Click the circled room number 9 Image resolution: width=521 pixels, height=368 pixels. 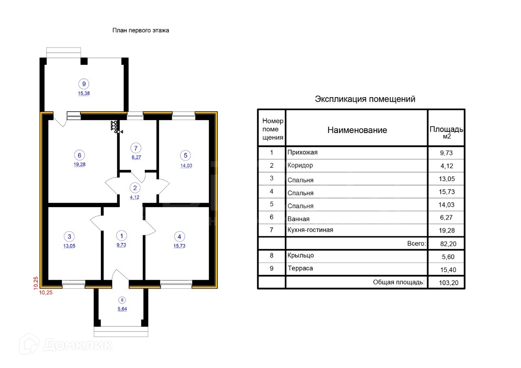pos(84,84)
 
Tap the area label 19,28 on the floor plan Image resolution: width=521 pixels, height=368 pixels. pos(79,164)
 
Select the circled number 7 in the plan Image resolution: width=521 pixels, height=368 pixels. pos(136,148)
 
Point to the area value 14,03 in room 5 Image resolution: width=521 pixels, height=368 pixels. pos(186,166)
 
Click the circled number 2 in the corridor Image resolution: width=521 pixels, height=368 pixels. pos(135,188)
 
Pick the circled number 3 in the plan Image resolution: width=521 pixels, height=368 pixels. pos(69,237)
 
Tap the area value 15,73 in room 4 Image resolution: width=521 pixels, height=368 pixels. pos(180,246)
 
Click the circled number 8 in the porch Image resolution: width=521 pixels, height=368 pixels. pos(122,300)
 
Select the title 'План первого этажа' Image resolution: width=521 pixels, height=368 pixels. pos(141,31)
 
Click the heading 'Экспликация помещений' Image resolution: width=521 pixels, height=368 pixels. pos(365,99)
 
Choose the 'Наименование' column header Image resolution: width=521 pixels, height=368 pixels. pos(357,130)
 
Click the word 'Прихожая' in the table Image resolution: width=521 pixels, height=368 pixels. pos(302,152)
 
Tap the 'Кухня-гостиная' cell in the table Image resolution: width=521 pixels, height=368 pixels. pos(310,230)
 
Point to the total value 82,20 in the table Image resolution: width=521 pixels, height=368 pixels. pos(448,244)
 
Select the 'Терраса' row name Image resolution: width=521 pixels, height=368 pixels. pos(300,268)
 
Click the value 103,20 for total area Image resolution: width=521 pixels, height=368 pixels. pos(449,283)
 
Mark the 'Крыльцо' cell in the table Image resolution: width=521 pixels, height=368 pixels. pos(301,255)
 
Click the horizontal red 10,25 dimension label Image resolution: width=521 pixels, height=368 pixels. pos(46,293)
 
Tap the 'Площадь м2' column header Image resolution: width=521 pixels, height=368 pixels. pos(447,132)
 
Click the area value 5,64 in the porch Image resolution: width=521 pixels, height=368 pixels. pos(123,309)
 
